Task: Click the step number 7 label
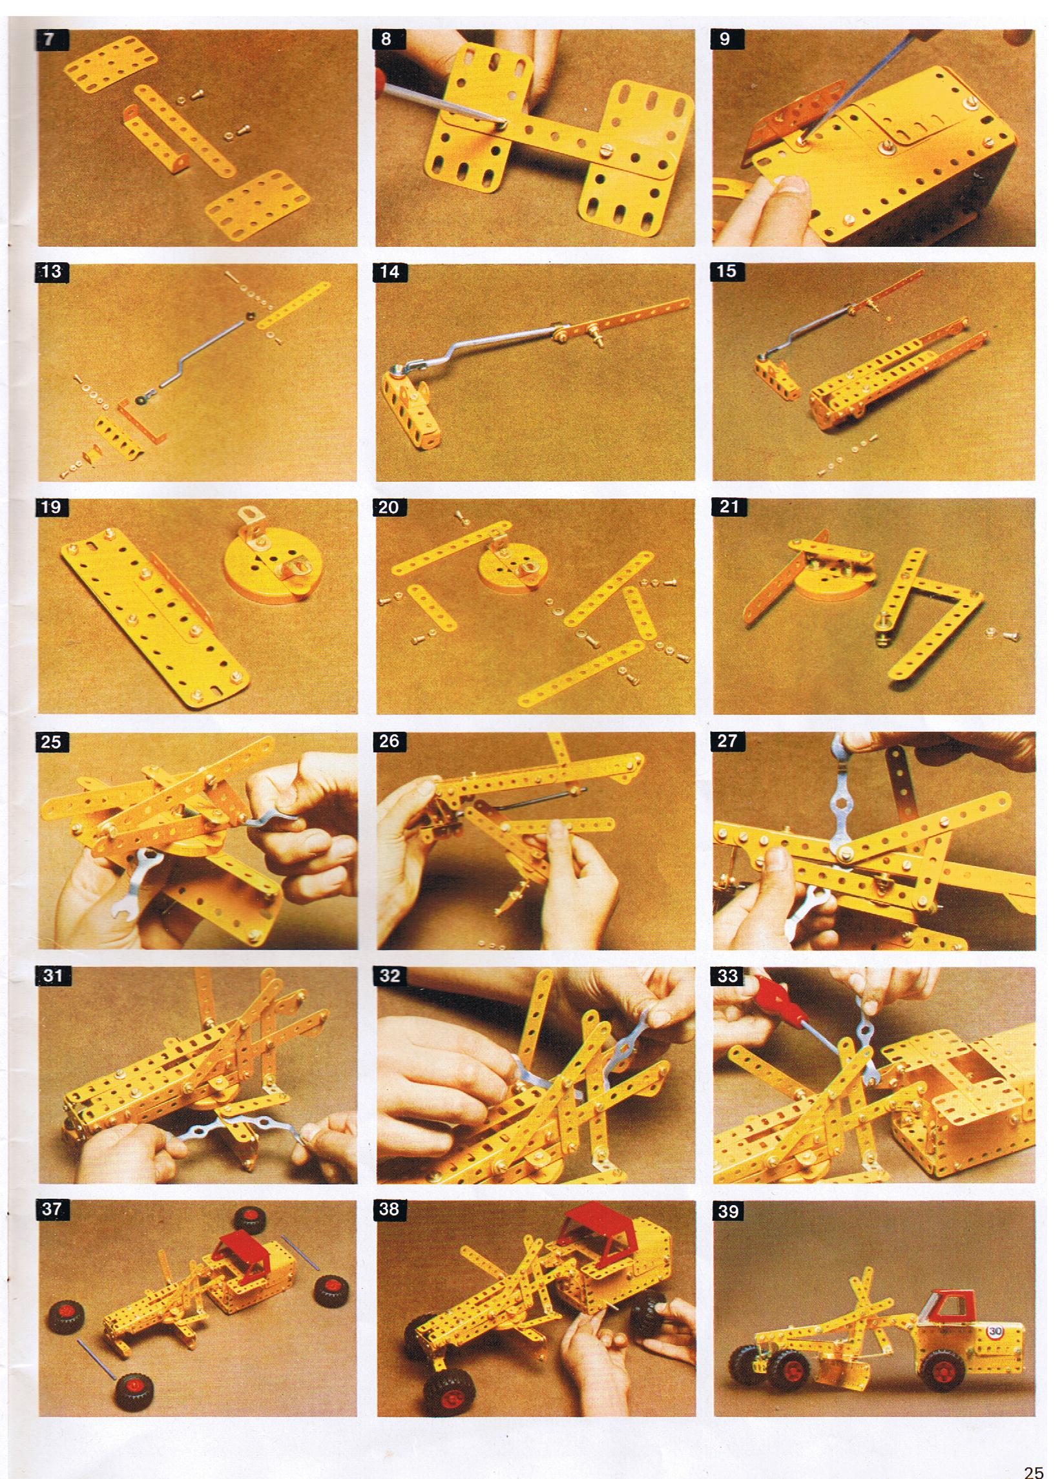50,40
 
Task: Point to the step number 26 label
389,741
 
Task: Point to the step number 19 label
51,506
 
